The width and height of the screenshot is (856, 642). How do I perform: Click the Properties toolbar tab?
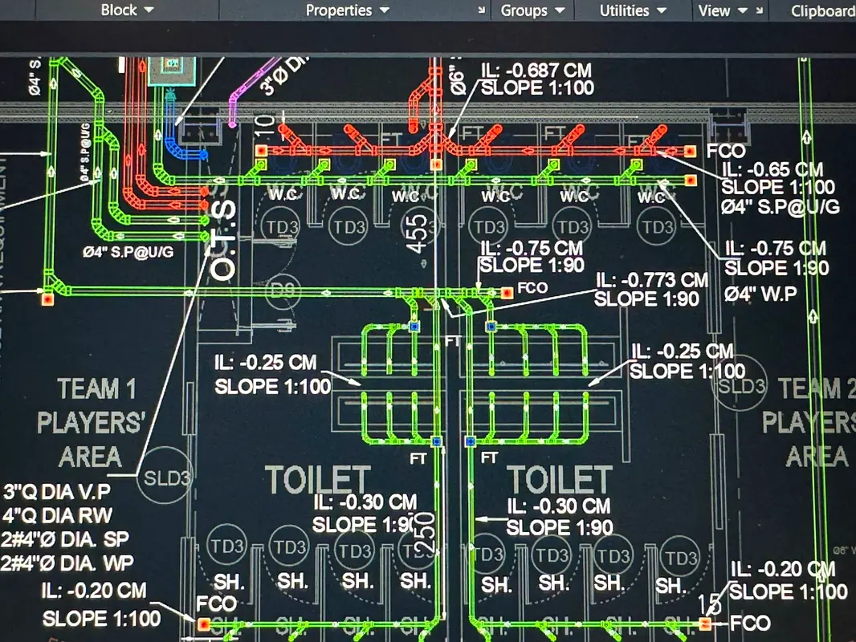coord(346,10)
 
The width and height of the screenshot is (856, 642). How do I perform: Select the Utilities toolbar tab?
coord(633,10)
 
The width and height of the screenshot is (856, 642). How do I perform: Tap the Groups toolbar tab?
coord(530,10)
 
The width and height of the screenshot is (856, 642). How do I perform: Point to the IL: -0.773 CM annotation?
coord(651,280)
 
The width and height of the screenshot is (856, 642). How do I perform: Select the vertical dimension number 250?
coord(426,532)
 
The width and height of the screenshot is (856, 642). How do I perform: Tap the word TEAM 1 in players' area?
coord(96,390)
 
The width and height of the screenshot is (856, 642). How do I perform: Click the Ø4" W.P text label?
coord(760,295)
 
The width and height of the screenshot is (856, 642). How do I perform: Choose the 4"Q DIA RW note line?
coord(58,515)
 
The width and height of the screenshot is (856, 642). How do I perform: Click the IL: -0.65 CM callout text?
coord(772,169)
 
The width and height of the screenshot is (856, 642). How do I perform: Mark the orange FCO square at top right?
coord(689,151)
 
